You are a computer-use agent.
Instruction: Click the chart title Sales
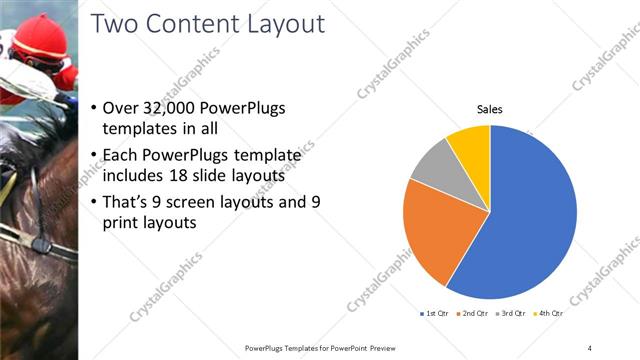(489, 109)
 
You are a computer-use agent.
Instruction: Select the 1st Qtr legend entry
(435, 313)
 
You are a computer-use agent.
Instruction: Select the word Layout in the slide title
(284, 24)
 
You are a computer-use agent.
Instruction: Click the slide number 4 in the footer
(589, 347)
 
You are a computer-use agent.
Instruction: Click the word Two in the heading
(113, 24)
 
